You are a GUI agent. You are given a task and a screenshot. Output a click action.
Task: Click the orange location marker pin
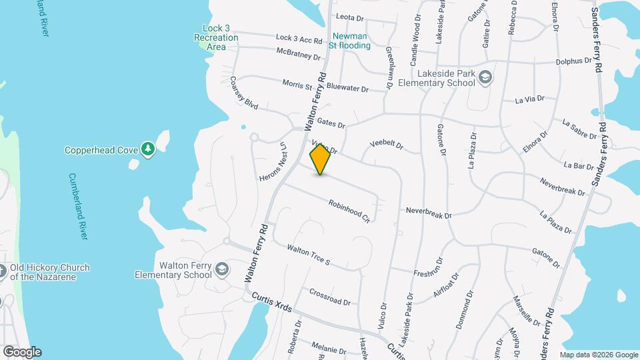point(320,159)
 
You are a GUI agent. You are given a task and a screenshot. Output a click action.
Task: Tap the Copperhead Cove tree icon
point(148,150)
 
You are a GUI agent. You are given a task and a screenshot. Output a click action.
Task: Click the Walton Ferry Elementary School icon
point(222,270)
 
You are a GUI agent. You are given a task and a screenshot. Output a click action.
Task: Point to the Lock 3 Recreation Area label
point(216,37)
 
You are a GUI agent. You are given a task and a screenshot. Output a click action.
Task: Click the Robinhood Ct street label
point(349,210)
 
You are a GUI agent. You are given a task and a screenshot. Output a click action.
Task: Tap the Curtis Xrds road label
point(271,306)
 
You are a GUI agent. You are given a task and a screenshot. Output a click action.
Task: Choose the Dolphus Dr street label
point(573,61)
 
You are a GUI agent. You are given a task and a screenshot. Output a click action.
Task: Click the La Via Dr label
point(530,100)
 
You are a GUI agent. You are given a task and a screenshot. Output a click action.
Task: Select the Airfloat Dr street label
point(447,284)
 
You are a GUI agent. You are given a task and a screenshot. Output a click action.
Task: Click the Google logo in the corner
point(22,352)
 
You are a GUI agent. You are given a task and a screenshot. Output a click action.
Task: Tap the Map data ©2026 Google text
point(598,355)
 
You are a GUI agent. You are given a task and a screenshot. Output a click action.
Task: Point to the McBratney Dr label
point(298,53)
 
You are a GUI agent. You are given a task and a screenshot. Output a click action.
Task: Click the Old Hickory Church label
point(49,272)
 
